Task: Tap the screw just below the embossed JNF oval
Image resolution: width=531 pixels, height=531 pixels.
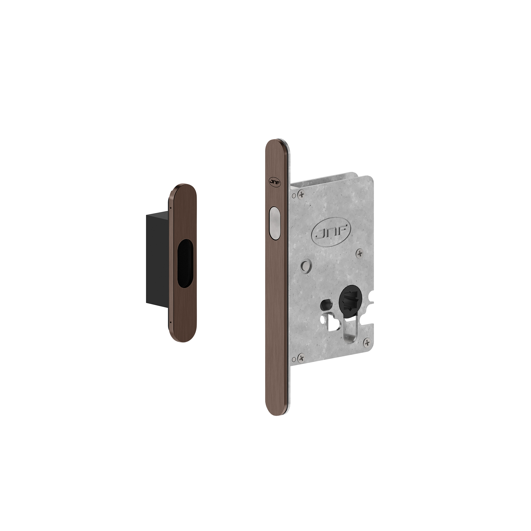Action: click(x=360, y=253)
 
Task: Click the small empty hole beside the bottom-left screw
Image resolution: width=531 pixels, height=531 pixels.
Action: click(x=293, y=359)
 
